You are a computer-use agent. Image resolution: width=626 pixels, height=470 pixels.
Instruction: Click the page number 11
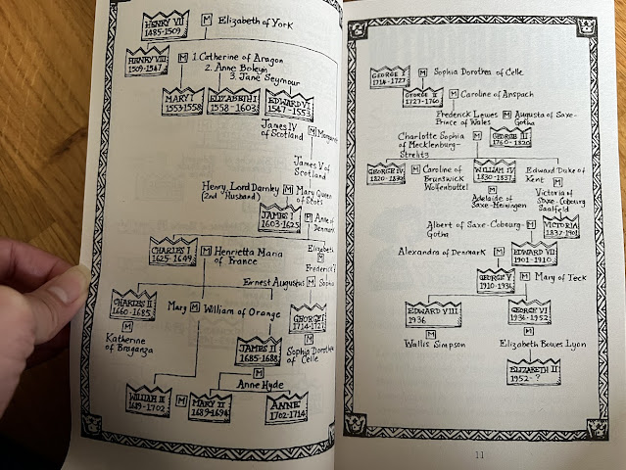(479, 453)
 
